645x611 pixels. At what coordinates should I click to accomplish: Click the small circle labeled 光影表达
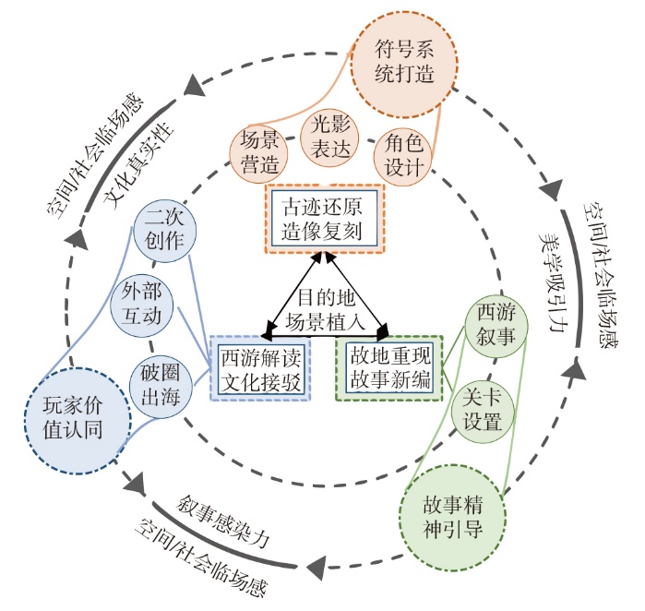point(330,138)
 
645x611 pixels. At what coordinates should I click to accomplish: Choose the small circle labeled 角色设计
point(403,155)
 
